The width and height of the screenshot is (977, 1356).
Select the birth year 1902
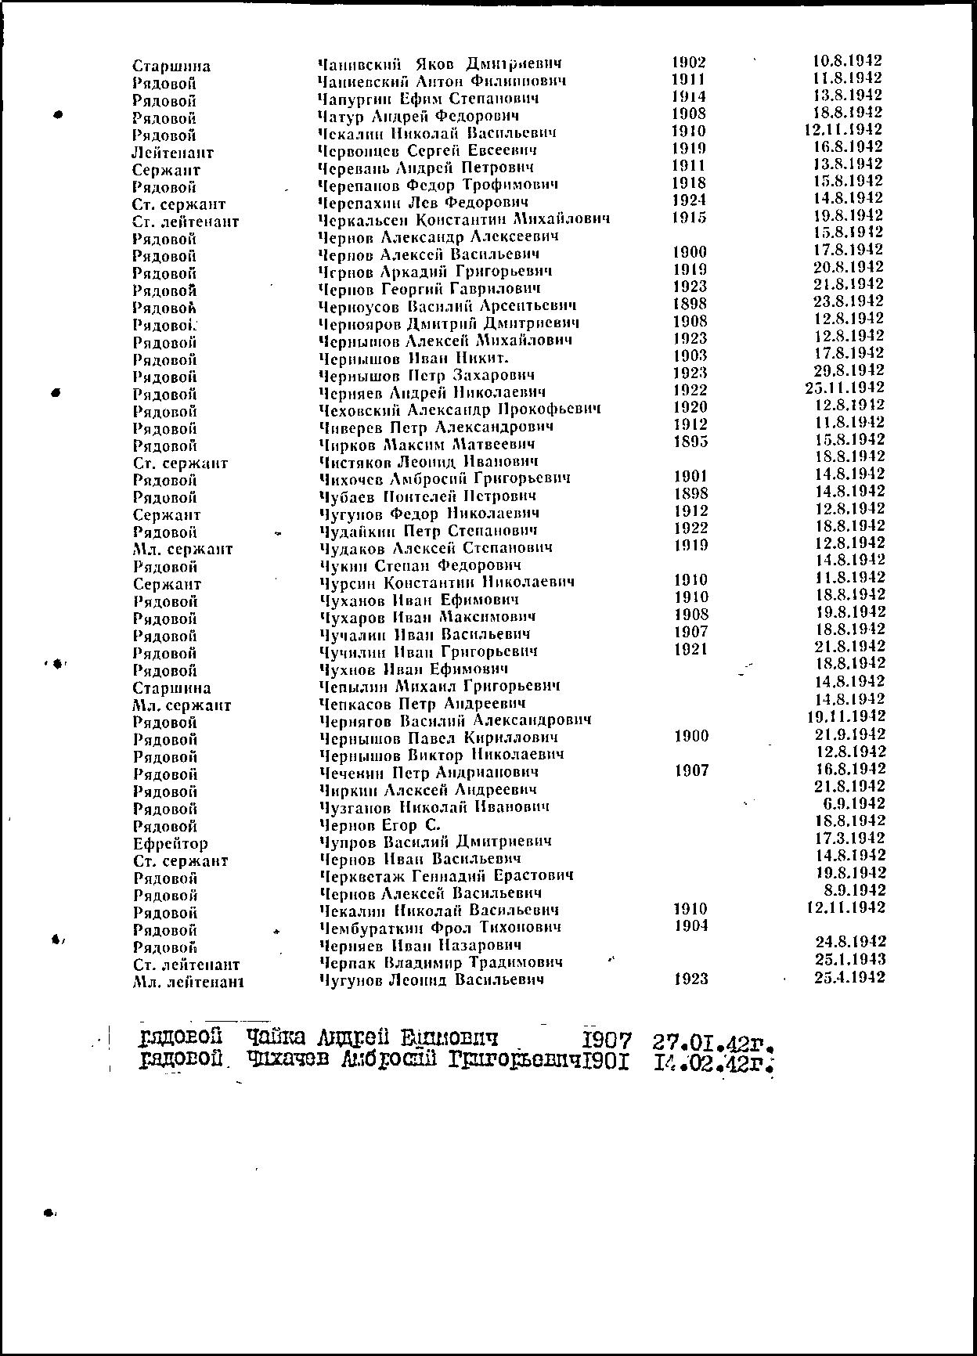(x=689, y=63)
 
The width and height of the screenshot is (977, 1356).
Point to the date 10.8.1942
(x=848, y=61)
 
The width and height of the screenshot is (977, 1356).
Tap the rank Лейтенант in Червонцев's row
(x=172, y=153)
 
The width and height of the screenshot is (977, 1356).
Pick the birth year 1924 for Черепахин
(x=689, y=200)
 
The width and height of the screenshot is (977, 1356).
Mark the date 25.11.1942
(x=845, y=388)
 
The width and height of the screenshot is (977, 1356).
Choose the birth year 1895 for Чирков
(x=690, y=442)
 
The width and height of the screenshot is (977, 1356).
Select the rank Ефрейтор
(x=171, y=844)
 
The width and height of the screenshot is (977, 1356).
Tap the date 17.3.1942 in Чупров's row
(x=850, y=838)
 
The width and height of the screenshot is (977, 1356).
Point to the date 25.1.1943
(x=850, y=960)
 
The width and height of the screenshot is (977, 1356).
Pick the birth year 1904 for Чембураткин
(x=690, y=926)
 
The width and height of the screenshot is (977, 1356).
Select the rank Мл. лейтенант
(x=188, y=982)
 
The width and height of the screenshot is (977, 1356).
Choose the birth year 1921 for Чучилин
(x=690, y=649)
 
